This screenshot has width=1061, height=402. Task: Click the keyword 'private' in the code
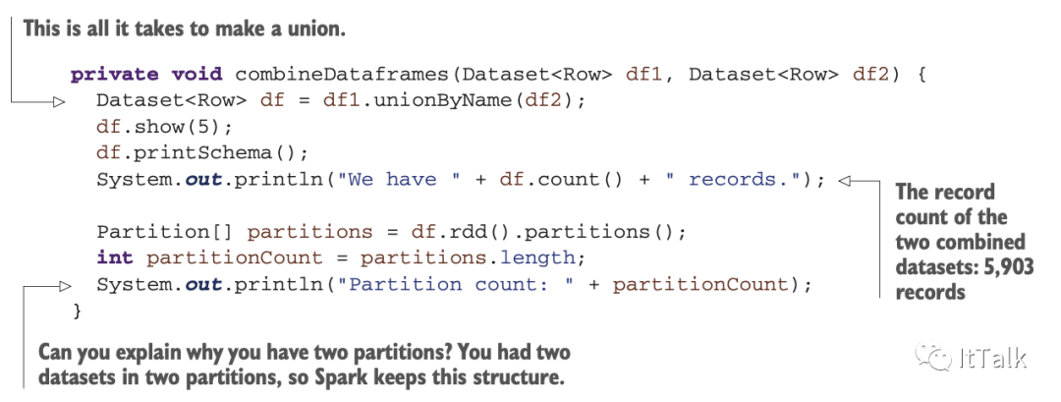(108, 75)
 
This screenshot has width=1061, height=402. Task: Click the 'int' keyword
(115, 258)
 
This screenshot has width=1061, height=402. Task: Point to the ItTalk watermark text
(991, 358)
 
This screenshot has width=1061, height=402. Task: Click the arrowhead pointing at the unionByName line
(59, 101)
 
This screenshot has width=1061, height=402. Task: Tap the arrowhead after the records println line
(849, 180)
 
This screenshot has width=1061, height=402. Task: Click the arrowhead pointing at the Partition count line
(63, 285)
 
